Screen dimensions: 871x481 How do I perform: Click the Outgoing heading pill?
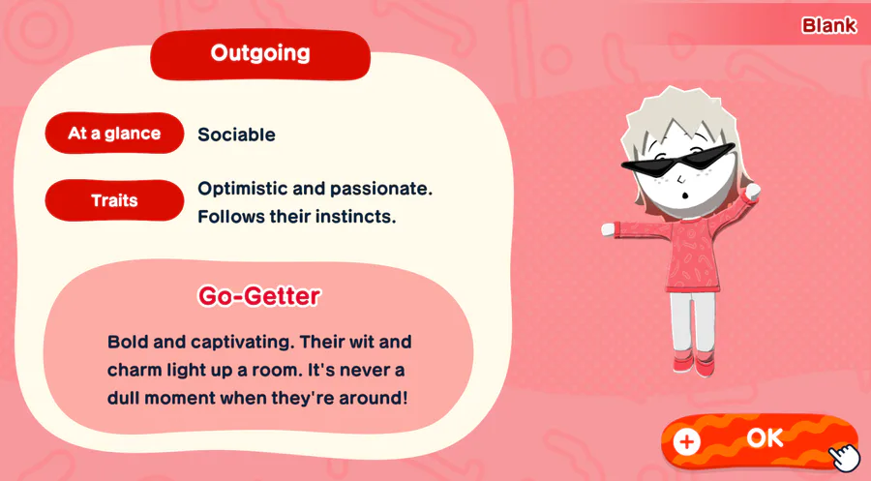[260, 54]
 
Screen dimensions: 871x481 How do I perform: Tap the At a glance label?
[114, 134]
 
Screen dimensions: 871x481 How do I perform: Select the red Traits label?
[114, 200]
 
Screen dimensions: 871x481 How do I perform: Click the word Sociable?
[237, 135]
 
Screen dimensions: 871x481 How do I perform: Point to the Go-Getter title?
[259, 295]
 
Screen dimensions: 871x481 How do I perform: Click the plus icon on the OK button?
[686, 442]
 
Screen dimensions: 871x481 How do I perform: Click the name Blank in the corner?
[828, 25]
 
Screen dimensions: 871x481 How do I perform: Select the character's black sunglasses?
[676, 161]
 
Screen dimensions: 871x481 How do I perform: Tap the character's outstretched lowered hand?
[610, 228]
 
